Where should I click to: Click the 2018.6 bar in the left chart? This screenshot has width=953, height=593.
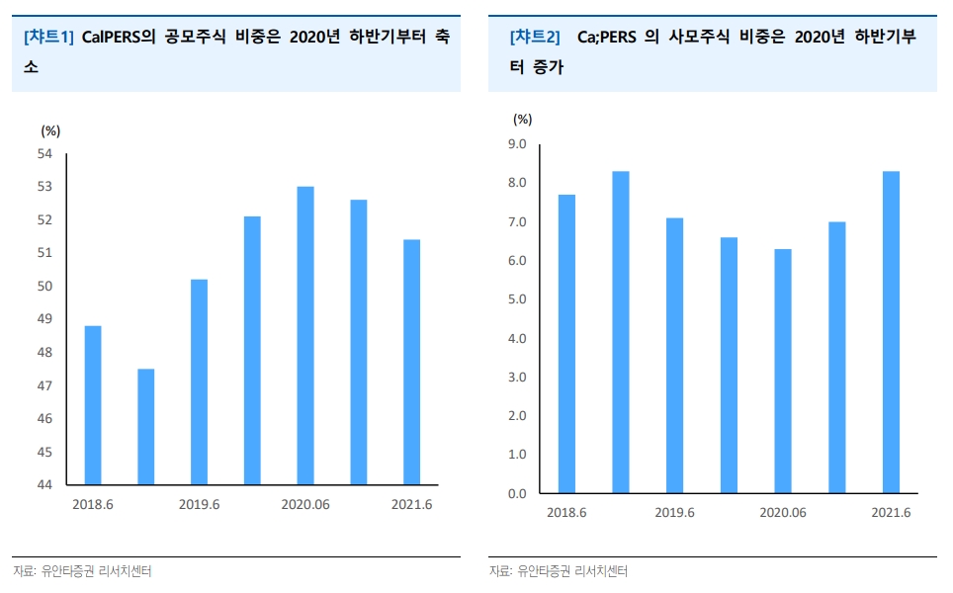(x=92, y=405)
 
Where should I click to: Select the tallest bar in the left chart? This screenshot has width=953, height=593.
(x=305, y=336)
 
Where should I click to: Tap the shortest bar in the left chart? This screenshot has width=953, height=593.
(x=145, y=427)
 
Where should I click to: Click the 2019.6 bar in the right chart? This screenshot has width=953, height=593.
(x=674, y=356)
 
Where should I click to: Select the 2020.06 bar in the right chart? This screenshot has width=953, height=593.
(x=782, y=371)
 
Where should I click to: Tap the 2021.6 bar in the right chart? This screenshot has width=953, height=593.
(x=891, y=332)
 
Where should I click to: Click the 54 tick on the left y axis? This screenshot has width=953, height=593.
(x=44, y=153)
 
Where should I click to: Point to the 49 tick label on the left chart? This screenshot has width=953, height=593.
(x=44, y=319)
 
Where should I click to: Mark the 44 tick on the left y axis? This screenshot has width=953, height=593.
(x=44, y=485)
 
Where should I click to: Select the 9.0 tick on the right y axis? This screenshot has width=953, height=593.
(x=516, y=144)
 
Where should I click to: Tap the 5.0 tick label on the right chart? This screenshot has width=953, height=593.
(x=516, y=299)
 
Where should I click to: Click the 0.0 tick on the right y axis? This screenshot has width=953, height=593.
(x=516, y=493)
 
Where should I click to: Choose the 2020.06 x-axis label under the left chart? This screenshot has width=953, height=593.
(x=305, y=504)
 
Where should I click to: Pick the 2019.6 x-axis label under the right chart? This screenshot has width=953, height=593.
(x=674, y=513)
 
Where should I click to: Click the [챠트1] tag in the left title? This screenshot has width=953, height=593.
(x=48, y=38)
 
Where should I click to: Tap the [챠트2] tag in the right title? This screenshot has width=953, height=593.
(x=534, y=38)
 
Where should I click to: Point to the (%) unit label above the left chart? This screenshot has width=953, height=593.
(x=50, y=129)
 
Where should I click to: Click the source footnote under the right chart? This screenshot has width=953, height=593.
(x=559, y=571)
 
